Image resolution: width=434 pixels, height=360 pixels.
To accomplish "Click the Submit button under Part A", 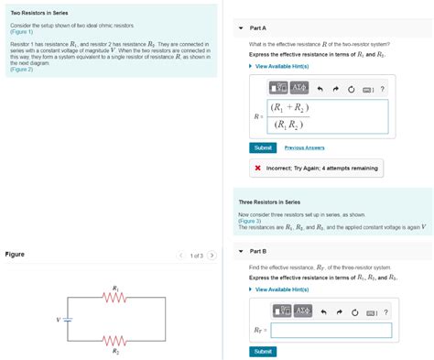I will tap(263, 147).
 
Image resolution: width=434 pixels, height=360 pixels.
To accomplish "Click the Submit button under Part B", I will tap(263, 351).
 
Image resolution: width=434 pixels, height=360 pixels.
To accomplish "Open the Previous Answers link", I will tap(304, 147).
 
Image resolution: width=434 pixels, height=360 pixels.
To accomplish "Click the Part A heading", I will tap(257, 28).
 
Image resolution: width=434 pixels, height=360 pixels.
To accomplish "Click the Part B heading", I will tap(257, 251).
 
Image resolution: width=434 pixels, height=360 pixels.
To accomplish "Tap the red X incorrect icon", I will tap(258, 169).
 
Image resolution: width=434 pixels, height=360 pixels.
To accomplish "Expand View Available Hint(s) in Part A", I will tap(282, 66).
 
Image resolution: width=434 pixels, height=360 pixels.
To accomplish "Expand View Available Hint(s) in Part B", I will tap(282, 289).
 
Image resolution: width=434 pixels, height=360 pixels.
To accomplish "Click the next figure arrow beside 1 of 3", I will tap(212, 256).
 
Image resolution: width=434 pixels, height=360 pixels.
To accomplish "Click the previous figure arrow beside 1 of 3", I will tap(181, 256).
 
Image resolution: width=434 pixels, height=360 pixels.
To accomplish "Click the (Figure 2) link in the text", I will tap(22, 70).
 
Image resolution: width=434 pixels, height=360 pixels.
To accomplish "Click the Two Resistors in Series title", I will tap(40, 14).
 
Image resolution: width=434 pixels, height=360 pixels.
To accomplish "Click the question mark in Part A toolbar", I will tap(383, 88).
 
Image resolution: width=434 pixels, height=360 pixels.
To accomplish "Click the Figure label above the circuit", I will tap(15, 254).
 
